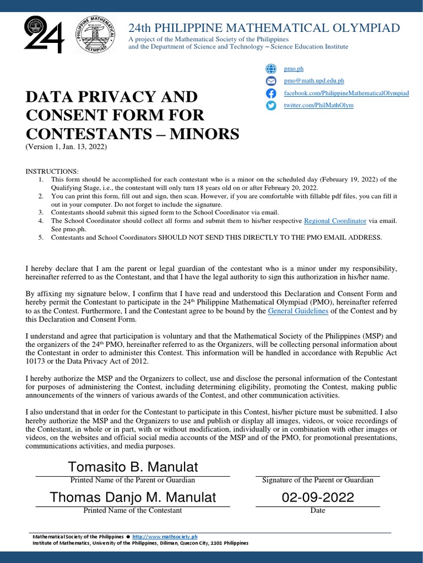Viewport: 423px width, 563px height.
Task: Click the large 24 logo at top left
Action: (44, 34)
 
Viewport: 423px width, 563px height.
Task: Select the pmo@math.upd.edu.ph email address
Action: (313, 81)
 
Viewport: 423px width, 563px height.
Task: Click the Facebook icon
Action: (270, 93)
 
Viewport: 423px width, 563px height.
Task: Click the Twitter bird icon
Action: (270, 106)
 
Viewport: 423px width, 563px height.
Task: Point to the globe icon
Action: (270, 69)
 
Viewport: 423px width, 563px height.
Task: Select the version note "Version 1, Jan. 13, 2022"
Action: (66, 147)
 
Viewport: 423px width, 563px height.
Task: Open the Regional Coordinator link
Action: (335, 220)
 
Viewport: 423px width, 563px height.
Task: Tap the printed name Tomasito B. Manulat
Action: (133, 467)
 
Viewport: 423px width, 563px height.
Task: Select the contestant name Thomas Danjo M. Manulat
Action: (133, 498)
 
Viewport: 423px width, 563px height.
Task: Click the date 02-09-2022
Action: (318, 498)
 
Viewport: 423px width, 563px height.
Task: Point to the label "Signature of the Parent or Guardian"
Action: (318, 480)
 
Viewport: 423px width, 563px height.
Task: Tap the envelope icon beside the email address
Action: (270, 81)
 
